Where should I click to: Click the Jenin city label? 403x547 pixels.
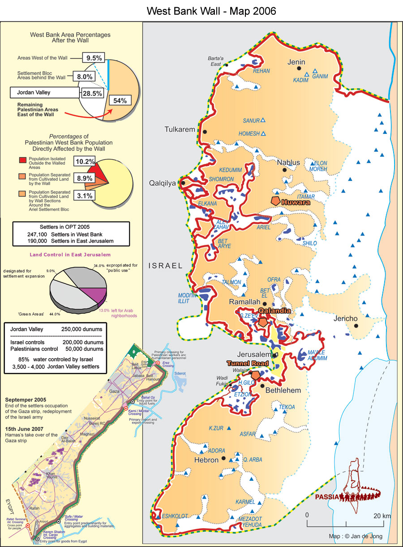click(x=296, y=62)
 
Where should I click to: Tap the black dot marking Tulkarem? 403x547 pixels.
click(x=205, y=132)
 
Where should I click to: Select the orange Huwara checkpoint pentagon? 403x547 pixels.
click(x=275, y=201)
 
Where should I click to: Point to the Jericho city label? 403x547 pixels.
click(x=345, y=319)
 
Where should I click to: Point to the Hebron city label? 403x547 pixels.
click(x=206, y=460)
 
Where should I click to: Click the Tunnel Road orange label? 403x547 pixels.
click(x=248, y=363)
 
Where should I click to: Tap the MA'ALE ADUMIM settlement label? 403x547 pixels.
click(x=317, y=355)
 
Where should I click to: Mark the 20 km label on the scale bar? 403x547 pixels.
click(x=382, y=516)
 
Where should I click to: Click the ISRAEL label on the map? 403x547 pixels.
click(x=165, y=266)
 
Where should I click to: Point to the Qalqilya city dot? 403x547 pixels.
click(x=183, y=183)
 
